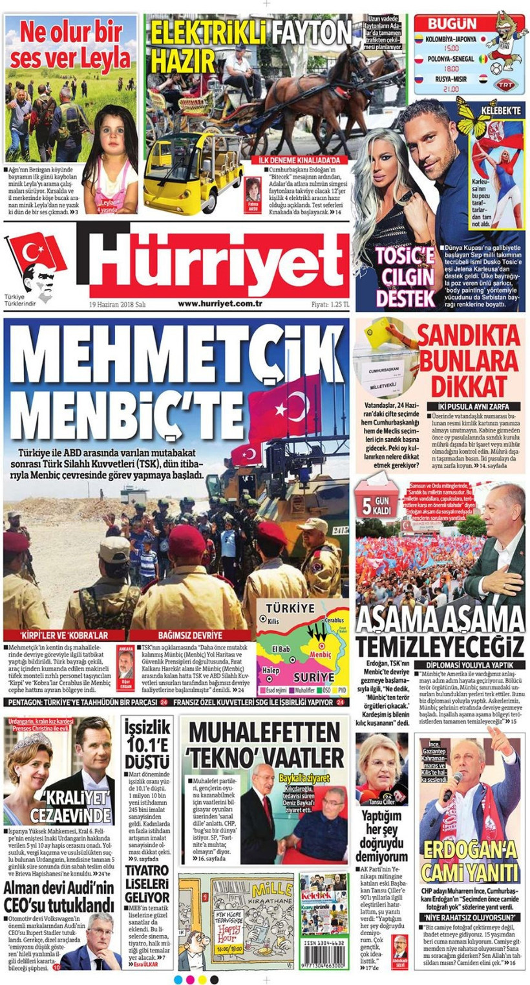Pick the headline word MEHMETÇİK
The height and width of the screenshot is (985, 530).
(178, 358)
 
